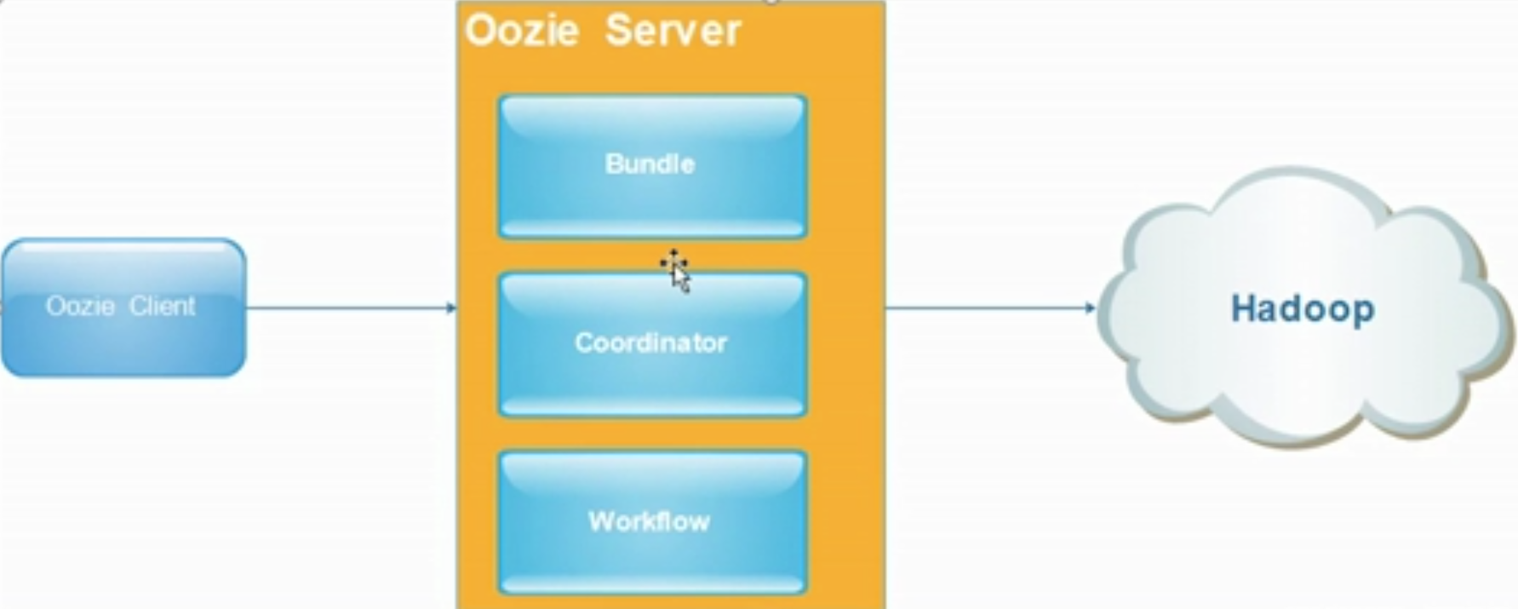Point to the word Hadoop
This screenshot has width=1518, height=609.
pos(1302,308)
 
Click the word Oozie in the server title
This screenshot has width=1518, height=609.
pos(522,31)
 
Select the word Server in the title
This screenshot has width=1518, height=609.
pos(673,31)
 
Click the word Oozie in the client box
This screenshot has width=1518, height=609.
pos(80,306)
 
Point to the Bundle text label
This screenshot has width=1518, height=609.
pos(650,164)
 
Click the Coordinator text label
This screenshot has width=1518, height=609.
pos(651,342)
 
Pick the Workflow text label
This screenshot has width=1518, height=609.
pos(649,521)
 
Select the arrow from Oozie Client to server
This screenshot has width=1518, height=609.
pos(349,307)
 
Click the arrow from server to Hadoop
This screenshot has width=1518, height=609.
pos(988,307)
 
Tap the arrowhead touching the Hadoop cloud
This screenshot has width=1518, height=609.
pos(1091,307)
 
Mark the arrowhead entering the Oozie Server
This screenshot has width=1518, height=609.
pos(452,307)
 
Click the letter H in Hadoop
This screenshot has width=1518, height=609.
pos(1243,308)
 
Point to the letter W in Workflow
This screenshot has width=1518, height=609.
pos(600,521)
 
